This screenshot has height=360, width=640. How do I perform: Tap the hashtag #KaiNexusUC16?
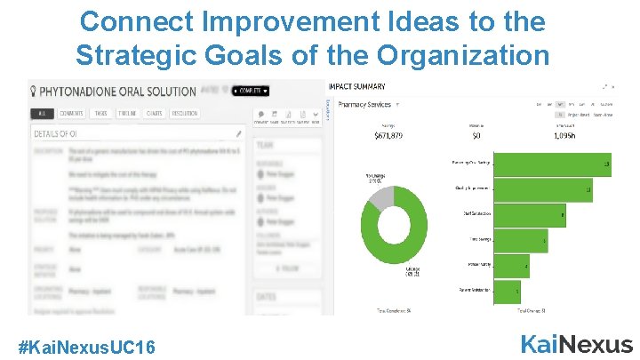tap(88, 346)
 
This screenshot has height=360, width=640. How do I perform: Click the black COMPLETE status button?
tap(251, 91)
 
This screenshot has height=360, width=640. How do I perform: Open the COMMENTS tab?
tap(71, 114)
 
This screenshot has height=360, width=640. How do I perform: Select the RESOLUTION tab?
tap(184, 114)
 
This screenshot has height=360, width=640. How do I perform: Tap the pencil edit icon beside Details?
tap(238, 134)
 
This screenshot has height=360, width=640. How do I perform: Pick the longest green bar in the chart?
tap(551, 164)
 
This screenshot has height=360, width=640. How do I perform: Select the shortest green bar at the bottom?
tap(506, 292)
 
